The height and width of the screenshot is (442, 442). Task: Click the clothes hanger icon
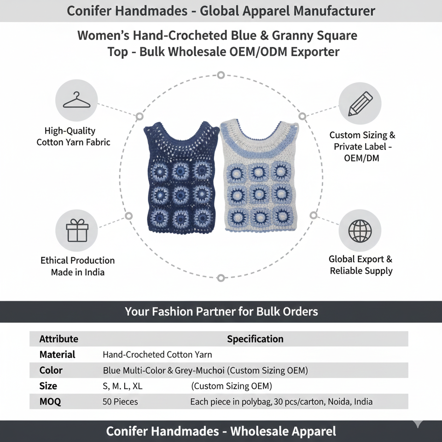(76, 100)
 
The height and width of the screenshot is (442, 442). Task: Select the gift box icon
(76, 230)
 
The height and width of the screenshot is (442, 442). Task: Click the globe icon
(360, 231)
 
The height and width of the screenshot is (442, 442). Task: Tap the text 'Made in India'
(77, 272)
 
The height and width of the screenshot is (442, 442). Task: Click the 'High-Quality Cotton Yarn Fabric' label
(74, 136)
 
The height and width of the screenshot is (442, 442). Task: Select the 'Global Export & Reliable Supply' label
(361, 265)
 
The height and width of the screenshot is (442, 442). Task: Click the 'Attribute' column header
(58, 339)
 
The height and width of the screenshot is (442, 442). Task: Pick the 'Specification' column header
(255, 339)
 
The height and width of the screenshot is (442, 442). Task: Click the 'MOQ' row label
(50, 401)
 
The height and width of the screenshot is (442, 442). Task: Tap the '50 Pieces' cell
(120, 401)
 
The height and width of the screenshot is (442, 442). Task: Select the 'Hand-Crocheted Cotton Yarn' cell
(157, 355)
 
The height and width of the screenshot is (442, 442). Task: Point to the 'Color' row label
(51, 370)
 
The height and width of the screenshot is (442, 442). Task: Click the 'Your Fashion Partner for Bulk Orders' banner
(221, 312)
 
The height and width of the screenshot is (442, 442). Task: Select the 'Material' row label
(57, 355)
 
